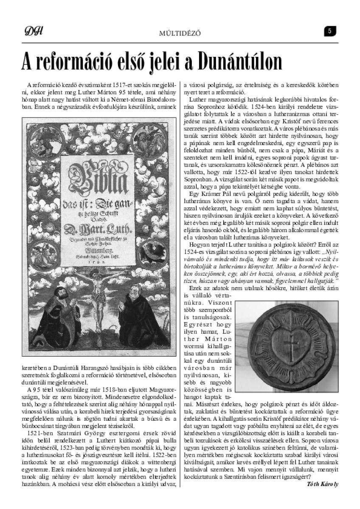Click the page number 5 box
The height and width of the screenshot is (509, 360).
[x=329, y=31]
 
